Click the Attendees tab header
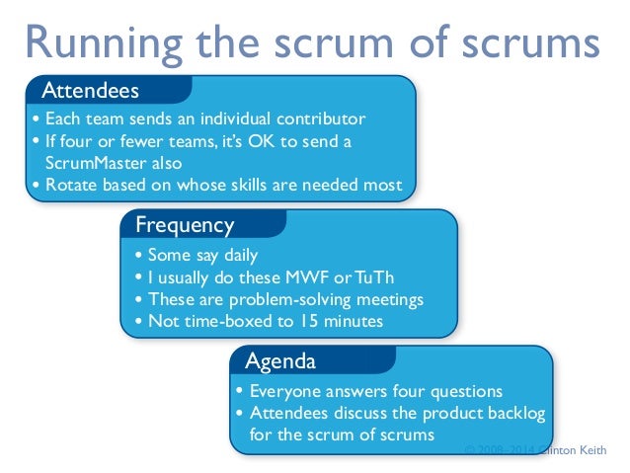[90, 91]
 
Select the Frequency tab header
[185, 226]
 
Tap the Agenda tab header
[280, 359]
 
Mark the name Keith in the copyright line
[591, 449]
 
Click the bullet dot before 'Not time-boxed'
[138, 322]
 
